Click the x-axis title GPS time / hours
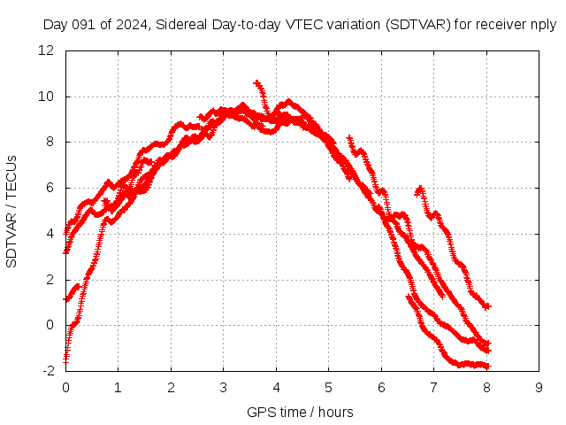[301, 412]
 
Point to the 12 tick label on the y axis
[47, 50]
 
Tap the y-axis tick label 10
[47, 97]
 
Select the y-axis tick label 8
[50, 142]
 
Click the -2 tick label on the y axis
[49, 371]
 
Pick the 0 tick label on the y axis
[50, 325]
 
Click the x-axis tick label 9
[539, 388]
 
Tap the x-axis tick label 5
[329, 388]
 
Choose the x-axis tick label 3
[224, 388]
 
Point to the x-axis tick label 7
[434, 388]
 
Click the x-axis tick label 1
[119, 388]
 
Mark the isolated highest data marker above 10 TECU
[256, 83]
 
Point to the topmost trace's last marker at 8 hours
[486, 305]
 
